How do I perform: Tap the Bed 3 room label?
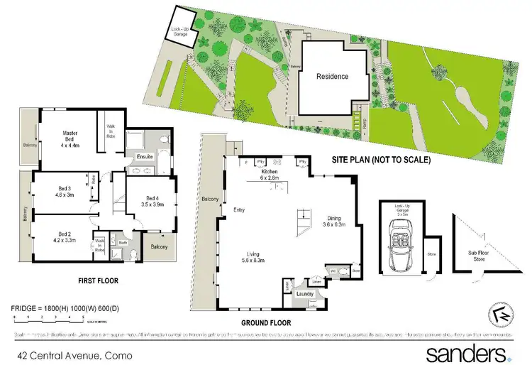pos(68,191)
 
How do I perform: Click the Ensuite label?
pos(145,156)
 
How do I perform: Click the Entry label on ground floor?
pos(238,209)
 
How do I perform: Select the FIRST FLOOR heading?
pos(99,280)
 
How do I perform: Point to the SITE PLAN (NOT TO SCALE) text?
pos(381,160)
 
